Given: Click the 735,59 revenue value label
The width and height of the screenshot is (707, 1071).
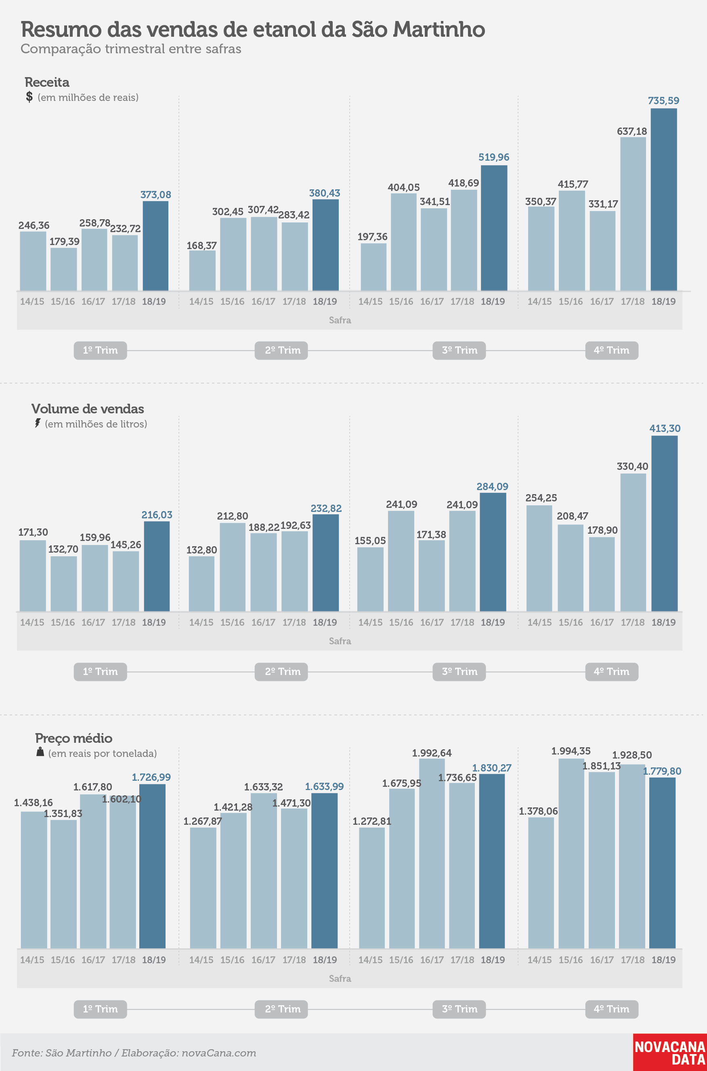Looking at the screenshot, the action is pos(663,101).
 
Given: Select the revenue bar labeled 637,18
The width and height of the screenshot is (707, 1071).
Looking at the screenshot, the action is pos(633,214).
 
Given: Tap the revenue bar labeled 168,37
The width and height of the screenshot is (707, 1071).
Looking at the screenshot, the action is pos(202,270).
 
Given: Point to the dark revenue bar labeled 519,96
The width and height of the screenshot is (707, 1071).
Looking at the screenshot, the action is pos(494,228).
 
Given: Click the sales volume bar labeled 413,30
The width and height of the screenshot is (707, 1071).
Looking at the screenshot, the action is pos(664,523).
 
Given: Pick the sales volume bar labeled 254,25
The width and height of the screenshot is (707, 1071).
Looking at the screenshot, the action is pos(539,558).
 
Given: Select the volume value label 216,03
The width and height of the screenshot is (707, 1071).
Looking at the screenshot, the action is pos(157,515).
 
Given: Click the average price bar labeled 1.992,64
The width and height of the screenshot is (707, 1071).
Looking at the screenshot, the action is pos(432,853).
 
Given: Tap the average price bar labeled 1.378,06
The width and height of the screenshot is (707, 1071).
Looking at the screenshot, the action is pos(541,882).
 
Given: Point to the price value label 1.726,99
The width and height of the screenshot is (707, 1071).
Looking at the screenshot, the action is pos(151,777).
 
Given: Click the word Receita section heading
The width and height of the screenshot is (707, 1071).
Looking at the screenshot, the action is pos(47,82).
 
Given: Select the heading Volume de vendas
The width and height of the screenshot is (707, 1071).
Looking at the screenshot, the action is pos(88,409).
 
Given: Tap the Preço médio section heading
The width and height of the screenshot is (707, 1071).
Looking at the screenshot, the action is pos(74,738).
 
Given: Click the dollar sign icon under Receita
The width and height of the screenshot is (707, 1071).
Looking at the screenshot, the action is pos(29,96).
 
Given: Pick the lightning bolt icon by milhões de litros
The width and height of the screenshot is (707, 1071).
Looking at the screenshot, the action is pos(38,423).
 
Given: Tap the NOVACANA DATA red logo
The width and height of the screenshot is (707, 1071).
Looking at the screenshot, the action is pos(670,1052).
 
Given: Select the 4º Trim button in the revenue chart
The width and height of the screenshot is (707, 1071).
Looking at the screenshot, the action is pos(611,350).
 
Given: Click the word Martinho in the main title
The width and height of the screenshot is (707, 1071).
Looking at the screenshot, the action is pos(439,30).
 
